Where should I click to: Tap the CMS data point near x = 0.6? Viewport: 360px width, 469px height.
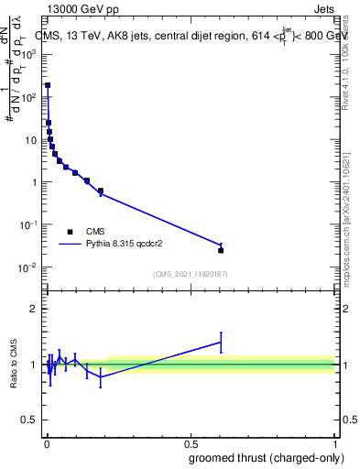(x=221, y=250)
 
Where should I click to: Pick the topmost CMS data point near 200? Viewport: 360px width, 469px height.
(x=48, y=85)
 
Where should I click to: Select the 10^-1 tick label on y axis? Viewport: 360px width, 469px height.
(x=27, y=224)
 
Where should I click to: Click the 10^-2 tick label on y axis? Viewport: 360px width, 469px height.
(x=27, y=267)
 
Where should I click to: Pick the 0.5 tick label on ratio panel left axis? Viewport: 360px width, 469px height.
(x=30, y=421)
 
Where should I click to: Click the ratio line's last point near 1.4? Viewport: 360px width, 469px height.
(x=221, y=342)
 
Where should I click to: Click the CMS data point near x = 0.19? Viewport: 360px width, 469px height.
(x=100, y=191)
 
